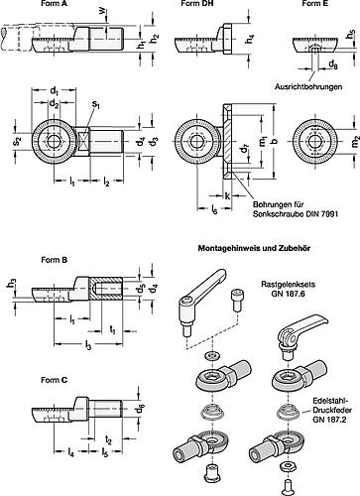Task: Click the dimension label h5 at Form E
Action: (353, 36)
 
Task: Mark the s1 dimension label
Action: (95, 101)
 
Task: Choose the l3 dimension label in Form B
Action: (62, 344)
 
